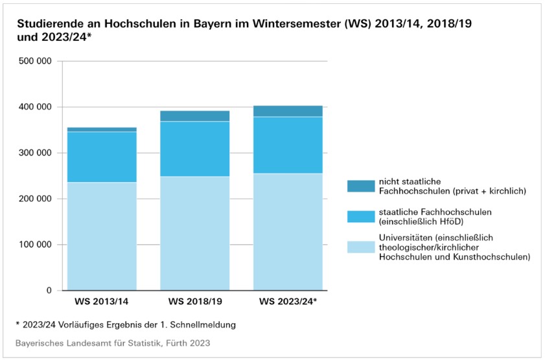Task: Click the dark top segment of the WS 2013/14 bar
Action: (102, 129)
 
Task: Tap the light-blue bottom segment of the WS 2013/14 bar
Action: (102, 236)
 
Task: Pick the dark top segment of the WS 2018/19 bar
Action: (194, 116)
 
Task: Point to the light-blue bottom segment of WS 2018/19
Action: (194, 233)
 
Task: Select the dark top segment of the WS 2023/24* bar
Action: (288, 111)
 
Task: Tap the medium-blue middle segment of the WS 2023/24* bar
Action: (288, 145)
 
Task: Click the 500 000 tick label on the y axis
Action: (36, 62)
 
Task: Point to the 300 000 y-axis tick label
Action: (36, 153)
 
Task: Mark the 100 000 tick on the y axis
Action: (36, 245)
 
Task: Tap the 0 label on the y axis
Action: (49, 291)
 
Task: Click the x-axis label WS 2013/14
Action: (102, 302)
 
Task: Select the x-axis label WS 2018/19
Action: (194, 302)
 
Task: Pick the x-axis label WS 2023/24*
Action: (288, 302)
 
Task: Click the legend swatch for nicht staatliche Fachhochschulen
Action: (361, 186)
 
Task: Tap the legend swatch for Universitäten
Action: (361, 247)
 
